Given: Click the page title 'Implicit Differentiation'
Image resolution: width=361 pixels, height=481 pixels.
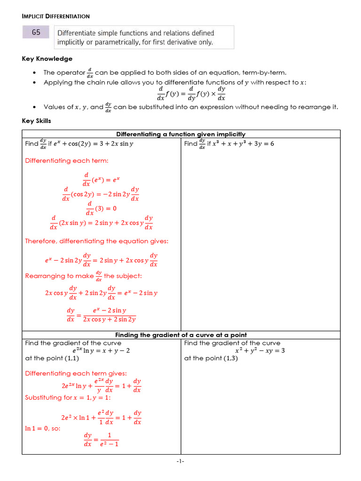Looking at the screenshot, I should pos(55,16).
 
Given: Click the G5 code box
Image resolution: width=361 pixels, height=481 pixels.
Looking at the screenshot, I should pos(36,32).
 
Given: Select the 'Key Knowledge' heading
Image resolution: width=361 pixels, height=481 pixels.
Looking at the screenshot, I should pos(47,59).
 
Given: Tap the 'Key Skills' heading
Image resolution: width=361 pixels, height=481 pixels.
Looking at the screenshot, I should pos(36,121).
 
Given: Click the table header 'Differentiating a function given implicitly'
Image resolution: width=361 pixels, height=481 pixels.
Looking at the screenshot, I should pos(180,134).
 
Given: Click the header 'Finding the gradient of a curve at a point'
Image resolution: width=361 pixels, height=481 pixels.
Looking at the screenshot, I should pos(180,335).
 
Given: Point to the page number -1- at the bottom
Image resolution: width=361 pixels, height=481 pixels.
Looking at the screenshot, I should pos(180,462).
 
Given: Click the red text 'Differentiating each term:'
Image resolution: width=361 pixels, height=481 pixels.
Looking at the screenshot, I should pos(66,161).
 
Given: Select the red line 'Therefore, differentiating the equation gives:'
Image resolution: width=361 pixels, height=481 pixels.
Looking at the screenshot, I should pos(96,241).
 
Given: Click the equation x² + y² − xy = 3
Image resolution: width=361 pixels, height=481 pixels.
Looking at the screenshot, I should pos(260,350).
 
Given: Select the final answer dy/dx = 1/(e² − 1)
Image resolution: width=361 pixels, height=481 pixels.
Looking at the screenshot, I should pos(101,439).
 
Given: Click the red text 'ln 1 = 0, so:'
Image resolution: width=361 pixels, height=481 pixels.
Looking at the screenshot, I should pos(42,428).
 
